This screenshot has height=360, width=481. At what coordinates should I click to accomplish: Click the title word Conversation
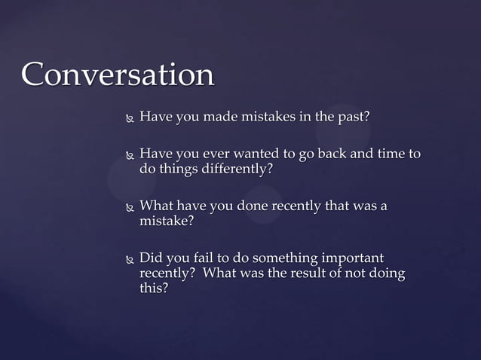coord(118,75)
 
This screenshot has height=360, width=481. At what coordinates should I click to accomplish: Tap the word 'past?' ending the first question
coord(352,117)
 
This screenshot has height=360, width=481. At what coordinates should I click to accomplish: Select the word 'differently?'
coord(234,169)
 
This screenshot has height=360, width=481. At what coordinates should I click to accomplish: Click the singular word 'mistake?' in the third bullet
coord(167,221)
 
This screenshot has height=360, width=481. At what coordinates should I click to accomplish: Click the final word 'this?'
coord(154,287)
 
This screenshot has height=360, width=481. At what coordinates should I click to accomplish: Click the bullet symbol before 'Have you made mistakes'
coord(129,118)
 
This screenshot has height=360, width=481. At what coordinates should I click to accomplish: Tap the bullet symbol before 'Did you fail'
coord(129,259)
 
